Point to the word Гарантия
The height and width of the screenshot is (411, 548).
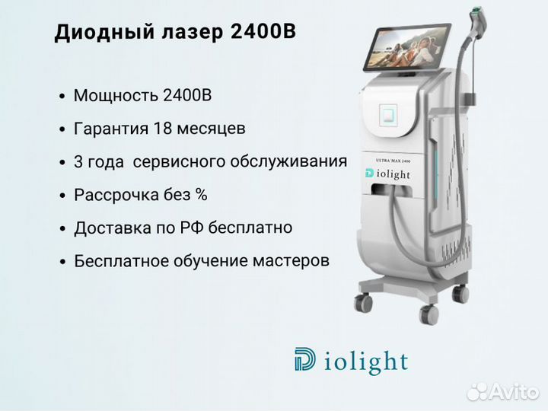click(111, 129)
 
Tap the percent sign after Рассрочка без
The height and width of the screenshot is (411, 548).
click(201, 194)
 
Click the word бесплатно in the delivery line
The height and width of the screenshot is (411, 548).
click(250, 228)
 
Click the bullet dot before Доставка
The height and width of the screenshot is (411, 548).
click(62, 229)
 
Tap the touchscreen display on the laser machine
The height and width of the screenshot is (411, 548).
click(407, 47)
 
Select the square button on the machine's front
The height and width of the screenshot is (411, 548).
click(388, 115)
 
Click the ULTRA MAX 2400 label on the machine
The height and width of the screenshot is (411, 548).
click(393, 161)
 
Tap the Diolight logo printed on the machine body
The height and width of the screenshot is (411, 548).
click(387, 174)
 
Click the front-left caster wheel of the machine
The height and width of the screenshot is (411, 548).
click(363, 303)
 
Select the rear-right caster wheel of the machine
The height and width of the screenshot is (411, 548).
click(460, 293)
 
